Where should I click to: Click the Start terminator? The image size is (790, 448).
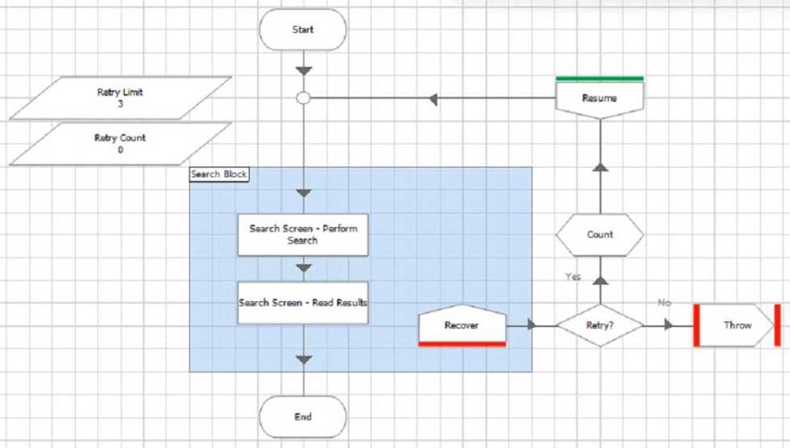[x=303, y=29]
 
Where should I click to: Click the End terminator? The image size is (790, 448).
[x=303, y=417]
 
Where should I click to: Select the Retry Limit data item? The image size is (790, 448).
[x=120, y=97]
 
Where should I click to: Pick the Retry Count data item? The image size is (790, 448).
[x=120, y=144]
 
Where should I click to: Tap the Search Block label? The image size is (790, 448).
[x=219, y=174]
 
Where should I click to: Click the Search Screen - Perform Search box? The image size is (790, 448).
[x=303, y=235]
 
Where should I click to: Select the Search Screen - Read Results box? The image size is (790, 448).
[x=303, y=303]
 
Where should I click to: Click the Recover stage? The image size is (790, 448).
[x=462, y=325]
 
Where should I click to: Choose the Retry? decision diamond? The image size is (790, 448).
[x=600, y=325]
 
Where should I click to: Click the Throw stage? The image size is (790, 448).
[x=737, y=325]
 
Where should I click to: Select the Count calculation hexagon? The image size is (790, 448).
[x=600, y=235]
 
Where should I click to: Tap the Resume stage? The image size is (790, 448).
[x=599, y=97]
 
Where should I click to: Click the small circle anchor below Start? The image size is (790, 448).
[x=303, y=97]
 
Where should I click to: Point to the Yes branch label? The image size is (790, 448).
[x=573, y=277]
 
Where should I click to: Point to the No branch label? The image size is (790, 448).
[x=664, y=303]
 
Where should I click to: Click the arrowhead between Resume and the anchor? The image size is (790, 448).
[x=433, y=99]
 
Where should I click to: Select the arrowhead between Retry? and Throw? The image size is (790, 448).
[x=668, y=325]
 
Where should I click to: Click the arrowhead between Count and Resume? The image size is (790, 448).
[x=600, y=167]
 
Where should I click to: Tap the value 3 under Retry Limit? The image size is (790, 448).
[x=120, y=104]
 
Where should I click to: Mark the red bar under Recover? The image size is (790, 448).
[x=462, y=344]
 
